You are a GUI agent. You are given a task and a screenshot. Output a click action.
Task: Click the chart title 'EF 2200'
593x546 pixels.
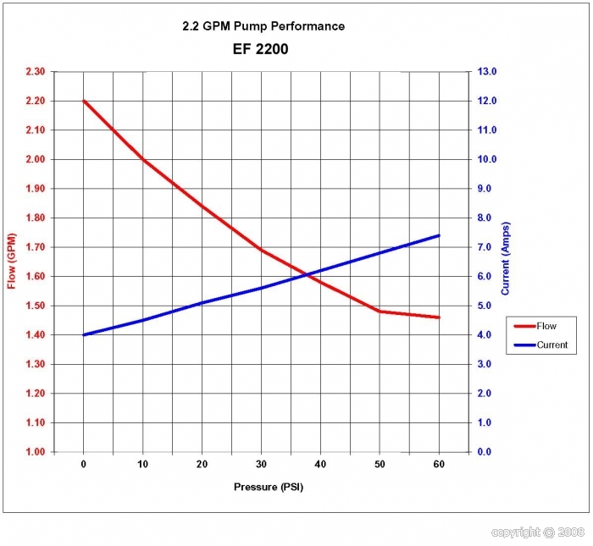260,49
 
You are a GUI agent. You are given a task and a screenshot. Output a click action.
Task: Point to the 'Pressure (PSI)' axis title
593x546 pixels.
269,488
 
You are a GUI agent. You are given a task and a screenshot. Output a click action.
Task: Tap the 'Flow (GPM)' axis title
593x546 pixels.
12,260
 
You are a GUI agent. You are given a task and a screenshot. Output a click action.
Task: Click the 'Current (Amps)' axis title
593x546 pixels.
506,259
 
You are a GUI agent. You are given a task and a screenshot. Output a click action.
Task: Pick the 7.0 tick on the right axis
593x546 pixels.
490,247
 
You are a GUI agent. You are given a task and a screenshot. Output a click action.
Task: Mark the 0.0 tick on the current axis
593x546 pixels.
490,452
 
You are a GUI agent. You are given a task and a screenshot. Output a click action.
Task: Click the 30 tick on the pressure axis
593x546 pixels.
261,465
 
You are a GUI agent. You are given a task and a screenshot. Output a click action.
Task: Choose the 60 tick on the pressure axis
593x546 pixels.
439,465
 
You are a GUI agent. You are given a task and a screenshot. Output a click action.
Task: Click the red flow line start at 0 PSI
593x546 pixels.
84,101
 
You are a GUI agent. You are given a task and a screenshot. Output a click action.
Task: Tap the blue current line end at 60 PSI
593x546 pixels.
439,235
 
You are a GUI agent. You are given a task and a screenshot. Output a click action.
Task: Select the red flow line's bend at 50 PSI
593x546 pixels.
380,312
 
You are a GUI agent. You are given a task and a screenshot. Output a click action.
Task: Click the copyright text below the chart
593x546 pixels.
538,532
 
